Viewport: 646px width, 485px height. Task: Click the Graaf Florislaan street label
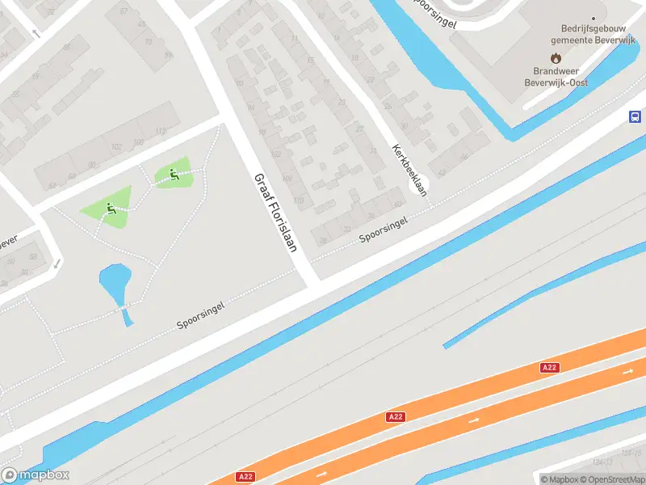click(273, 213)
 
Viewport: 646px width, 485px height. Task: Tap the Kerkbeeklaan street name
click(408, 170)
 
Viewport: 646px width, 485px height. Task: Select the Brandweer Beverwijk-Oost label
click(556, 77)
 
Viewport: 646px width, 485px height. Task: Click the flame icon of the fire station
click(556, 57)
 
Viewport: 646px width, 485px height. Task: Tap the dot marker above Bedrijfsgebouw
click(594, 18)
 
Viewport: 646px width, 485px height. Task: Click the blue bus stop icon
click(636, 116)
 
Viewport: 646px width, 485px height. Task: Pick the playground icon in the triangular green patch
click(110, 209)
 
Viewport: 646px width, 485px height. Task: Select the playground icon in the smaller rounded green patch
click(173, 173)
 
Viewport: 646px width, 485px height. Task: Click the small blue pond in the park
click(114, 282)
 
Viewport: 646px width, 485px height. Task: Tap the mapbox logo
click(36, 474)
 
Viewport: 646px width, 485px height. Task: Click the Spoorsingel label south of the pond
click(200, 316)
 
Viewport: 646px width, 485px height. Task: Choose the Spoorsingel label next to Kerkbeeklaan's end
click(384, 229)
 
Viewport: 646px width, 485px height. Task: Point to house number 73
click(148, 40)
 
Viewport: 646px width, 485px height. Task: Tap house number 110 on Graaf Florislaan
click(299, 200)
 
